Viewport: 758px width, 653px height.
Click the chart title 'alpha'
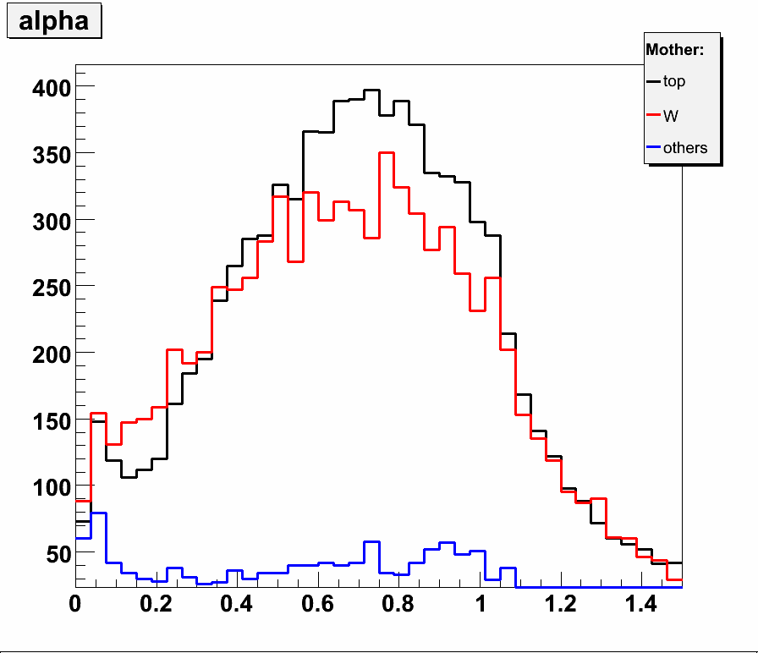pyautogui.click(x=53, y=21)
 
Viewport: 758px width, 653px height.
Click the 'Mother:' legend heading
pyautogui.click(x=674, y=50)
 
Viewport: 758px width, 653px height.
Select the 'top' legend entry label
pyautogui.click(x=674, y=82)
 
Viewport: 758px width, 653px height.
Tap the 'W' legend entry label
pyautogui.click(x=671, y=115)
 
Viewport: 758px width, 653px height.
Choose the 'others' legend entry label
pyautogui.click(x=685, y=148)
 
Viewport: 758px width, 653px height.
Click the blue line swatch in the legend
pyautogui.click(x=653, y=148)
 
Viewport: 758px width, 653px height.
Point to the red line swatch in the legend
pyautogui.click(x=653, y=115)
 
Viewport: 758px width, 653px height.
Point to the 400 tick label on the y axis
pyautogui.click(x=48, y=87)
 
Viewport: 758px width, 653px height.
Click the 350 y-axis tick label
pyautogui.click(x=48, y=153)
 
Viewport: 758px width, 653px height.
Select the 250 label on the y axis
pyautogui.click(x=48, y=286)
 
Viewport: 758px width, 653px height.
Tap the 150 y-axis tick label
pyautogui.click(x=48, y=420)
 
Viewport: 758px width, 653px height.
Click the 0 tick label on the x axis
pyautogui.click(x=75, y=605)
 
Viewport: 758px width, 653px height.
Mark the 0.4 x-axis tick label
pyautogui.click(x=236, y=605)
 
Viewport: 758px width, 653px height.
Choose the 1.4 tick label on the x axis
pyautogui.click(x=640, y=605)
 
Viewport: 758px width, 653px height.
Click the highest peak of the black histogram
pyautogui.click(x=371, y=91)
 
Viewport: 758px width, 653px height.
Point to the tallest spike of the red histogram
pyautogui.click(x=387, y=153)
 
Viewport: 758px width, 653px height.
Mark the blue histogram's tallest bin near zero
pyautogui.click(x=98, y=513)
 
